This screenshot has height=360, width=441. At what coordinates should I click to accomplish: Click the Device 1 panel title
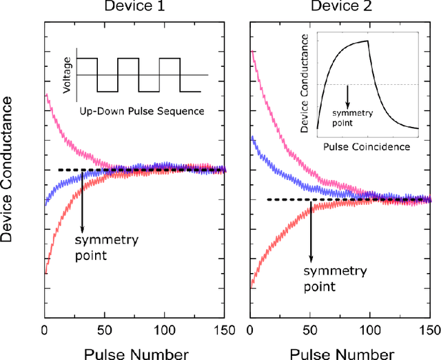tap(134, 8)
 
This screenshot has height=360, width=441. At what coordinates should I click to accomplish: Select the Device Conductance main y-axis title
tap(10, 169)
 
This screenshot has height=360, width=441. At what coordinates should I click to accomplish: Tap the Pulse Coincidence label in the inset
tap(366, 147)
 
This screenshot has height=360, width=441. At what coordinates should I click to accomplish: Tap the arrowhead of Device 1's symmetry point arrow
tap(82, 228)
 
